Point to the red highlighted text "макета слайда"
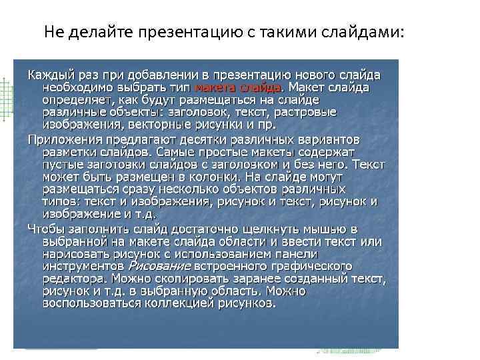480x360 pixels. coord(237,87)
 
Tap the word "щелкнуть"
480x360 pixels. coord(255,229)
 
